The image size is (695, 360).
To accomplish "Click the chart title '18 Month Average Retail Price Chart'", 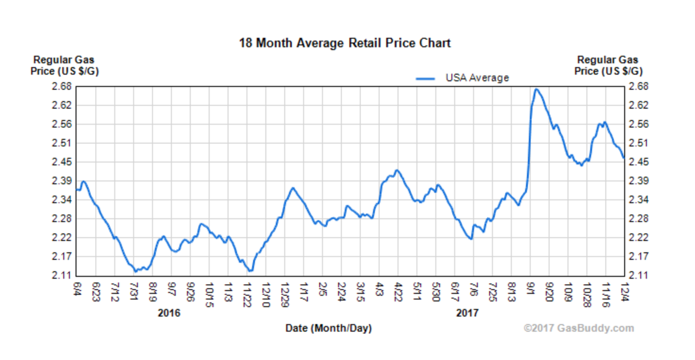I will (x=345, y=43).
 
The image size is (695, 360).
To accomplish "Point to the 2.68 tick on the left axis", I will (x=63, y=86).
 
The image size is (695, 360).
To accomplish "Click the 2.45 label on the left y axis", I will (x=63, y=162).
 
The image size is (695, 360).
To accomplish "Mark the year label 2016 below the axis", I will (x=169, y=313).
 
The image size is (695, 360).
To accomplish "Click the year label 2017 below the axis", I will (x=467, y=313).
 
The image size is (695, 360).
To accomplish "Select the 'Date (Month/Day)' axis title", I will (x=329, y=328).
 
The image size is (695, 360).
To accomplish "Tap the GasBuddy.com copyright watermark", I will (x=578, y=328).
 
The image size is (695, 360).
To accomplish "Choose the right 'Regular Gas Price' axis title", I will (x=608, y=66).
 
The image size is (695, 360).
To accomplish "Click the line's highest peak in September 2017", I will (x=536, y=89).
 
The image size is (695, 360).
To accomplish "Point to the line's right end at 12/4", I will (x=624, y=158).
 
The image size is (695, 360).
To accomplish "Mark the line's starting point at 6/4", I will (x=77, y=189).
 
